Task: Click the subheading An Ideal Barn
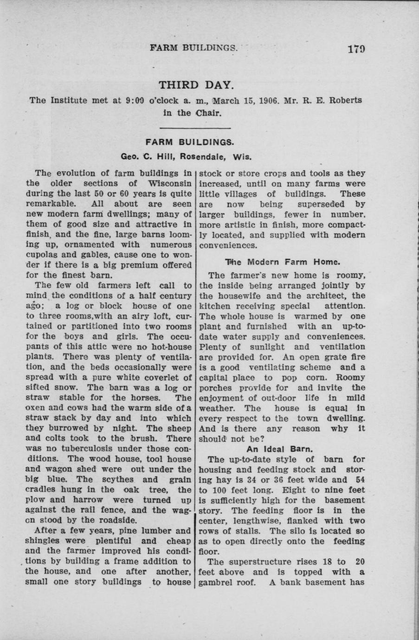click(x=280, y=449)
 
